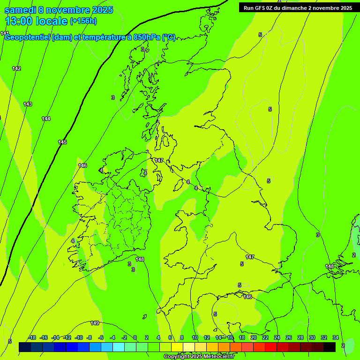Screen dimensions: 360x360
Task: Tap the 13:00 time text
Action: coord(21,21)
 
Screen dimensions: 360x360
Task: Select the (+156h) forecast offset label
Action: coord(83,21)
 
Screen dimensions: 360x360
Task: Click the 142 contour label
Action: coord(16,68)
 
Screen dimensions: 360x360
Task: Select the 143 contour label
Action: coord(28,104)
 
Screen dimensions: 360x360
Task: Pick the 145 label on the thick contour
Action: coord(62,142)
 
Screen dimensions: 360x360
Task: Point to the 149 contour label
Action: coord(95,323)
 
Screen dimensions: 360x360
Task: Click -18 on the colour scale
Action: coord(32,337)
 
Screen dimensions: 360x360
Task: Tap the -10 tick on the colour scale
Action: coord(78,337)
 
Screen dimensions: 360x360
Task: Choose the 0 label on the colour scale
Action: coord(135,337)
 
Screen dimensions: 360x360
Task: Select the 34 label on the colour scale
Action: coord(336,337)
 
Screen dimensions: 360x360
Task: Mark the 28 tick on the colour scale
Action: coord(300,337)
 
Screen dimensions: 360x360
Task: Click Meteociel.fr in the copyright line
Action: coord(215,356)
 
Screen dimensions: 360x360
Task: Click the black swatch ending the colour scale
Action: coord(330,347)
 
